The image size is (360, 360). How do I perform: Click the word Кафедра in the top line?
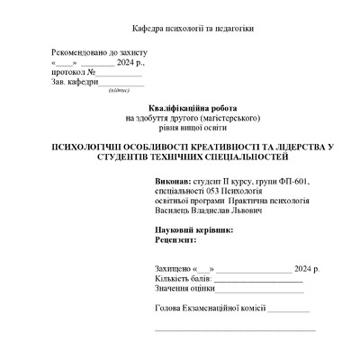148,29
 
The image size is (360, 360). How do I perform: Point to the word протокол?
68,72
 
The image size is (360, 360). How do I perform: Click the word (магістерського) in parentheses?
228,117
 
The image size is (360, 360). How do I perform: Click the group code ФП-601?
292,182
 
